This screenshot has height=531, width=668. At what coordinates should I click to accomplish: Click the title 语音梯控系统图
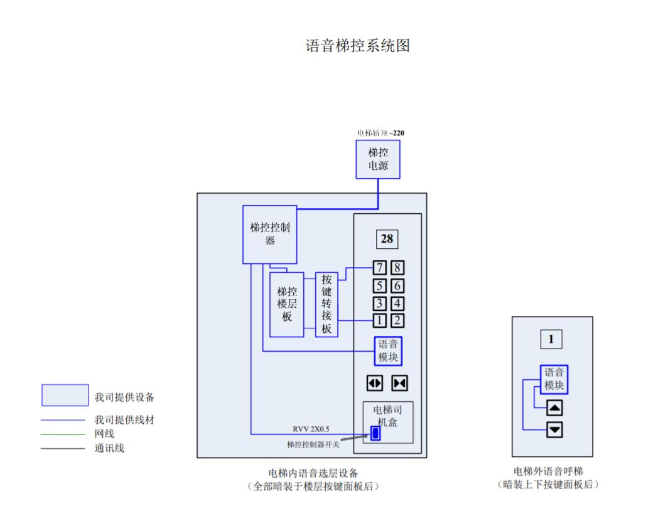point(357,46)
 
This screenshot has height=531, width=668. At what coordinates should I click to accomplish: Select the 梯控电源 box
point(378,159)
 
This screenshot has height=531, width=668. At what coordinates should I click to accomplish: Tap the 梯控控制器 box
point(270,234)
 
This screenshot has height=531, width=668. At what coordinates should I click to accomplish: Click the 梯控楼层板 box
point(287,304)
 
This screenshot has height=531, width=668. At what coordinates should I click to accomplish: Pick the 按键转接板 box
point(326,304)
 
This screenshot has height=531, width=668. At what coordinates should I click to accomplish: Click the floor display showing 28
point(387,239)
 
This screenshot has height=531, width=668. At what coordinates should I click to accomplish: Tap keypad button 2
point(397,321)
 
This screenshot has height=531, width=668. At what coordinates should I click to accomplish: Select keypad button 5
point(380,286)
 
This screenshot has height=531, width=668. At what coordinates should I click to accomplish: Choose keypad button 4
point(397,303)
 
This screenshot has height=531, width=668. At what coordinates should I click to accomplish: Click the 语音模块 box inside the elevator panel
point(387,351)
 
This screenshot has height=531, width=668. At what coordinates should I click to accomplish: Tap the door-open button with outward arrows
point(375,382)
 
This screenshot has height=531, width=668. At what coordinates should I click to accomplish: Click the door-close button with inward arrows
point(399,382)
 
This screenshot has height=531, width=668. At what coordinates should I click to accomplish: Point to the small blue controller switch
point(375,433)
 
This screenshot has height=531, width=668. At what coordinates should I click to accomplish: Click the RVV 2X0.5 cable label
point(311,429)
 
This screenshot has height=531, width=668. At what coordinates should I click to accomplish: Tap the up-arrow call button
point(554,408)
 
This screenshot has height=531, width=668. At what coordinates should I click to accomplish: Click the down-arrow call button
point(554,430)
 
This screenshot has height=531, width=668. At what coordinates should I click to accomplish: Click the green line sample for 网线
point(63,434)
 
